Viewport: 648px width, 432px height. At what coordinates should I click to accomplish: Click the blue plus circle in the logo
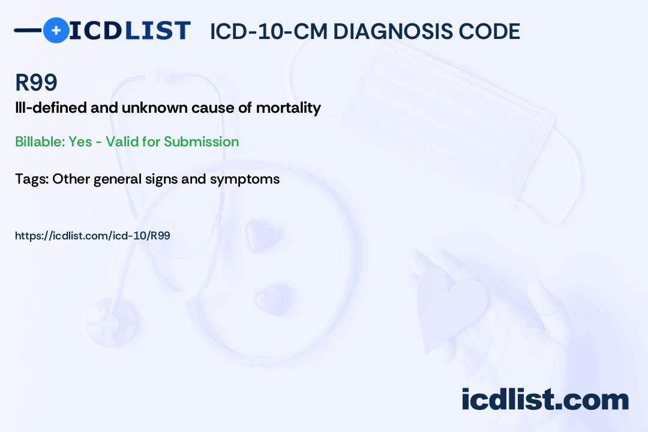click(x=56, y=30)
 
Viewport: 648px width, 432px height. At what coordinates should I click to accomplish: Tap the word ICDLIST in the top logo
click(x=130, y=31)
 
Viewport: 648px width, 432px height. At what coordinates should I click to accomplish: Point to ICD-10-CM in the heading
click(x=269, y=31)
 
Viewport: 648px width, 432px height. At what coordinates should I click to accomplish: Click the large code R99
click(x=37, y=82)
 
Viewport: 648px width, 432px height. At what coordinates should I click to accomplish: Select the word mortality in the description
click(x=289, y=108)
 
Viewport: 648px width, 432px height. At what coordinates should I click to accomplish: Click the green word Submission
click(x=201, y=142)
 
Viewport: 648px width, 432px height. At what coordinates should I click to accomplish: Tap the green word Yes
click(x=80, y=142)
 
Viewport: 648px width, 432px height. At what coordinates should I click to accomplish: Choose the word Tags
click(x=32, y=179)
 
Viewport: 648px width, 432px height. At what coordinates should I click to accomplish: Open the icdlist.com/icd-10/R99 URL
click(x=92, y=236)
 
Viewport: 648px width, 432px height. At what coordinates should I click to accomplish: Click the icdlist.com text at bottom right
click(x=545, y=399)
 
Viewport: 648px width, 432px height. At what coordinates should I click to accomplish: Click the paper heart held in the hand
click(x=451, y=306)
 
